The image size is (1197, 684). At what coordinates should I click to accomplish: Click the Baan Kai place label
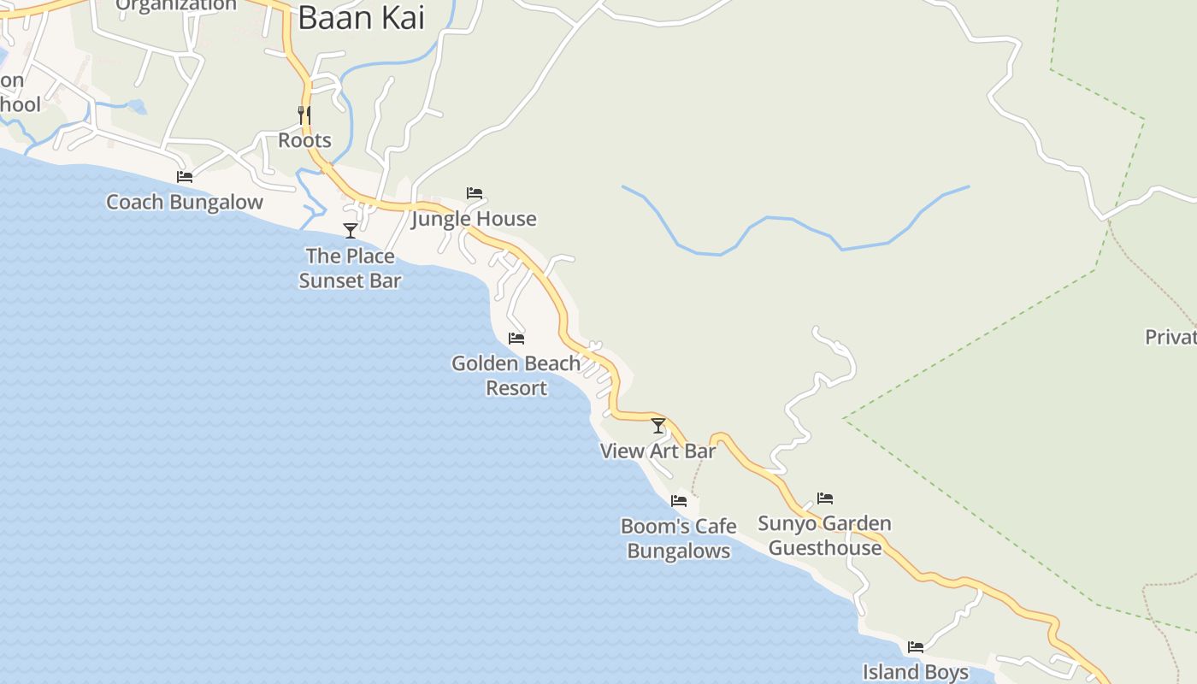361,18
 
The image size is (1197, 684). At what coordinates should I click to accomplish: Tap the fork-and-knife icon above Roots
304,115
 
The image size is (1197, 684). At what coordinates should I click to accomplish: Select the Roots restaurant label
304,140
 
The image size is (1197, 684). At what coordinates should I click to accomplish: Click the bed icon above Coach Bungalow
185,177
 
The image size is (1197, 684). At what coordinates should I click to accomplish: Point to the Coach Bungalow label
185,203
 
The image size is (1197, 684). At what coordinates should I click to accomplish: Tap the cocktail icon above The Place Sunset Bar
350,230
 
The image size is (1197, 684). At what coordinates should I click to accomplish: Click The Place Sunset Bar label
350,268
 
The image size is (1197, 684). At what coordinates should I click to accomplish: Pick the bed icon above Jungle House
475,193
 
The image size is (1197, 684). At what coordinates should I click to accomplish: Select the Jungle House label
475,219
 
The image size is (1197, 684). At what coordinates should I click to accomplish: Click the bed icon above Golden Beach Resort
516,339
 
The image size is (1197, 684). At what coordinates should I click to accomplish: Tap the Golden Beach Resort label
516,375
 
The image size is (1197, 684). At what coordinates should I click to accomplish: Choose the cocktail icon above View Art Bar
658,425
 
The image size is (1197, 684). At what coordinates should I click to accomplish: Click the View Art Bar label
658,451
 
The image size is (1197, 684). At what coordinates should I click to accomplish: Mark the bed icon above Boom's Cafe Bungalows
679,501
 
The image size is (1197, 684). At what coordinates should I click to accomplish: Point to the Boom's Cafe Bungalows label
679,539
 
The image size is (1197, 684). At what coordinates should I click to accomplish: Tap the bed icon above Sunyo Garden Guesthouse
825,498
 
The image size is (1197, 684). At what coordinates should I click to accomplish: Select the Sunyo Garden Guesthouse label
825,535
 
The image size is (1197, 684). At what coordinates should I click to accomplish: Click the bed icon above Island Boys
916,646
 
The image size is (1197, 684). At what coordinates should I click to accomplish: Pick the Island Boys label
916,672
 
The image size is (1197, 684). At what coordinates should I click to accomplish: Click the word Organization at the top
176,5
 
